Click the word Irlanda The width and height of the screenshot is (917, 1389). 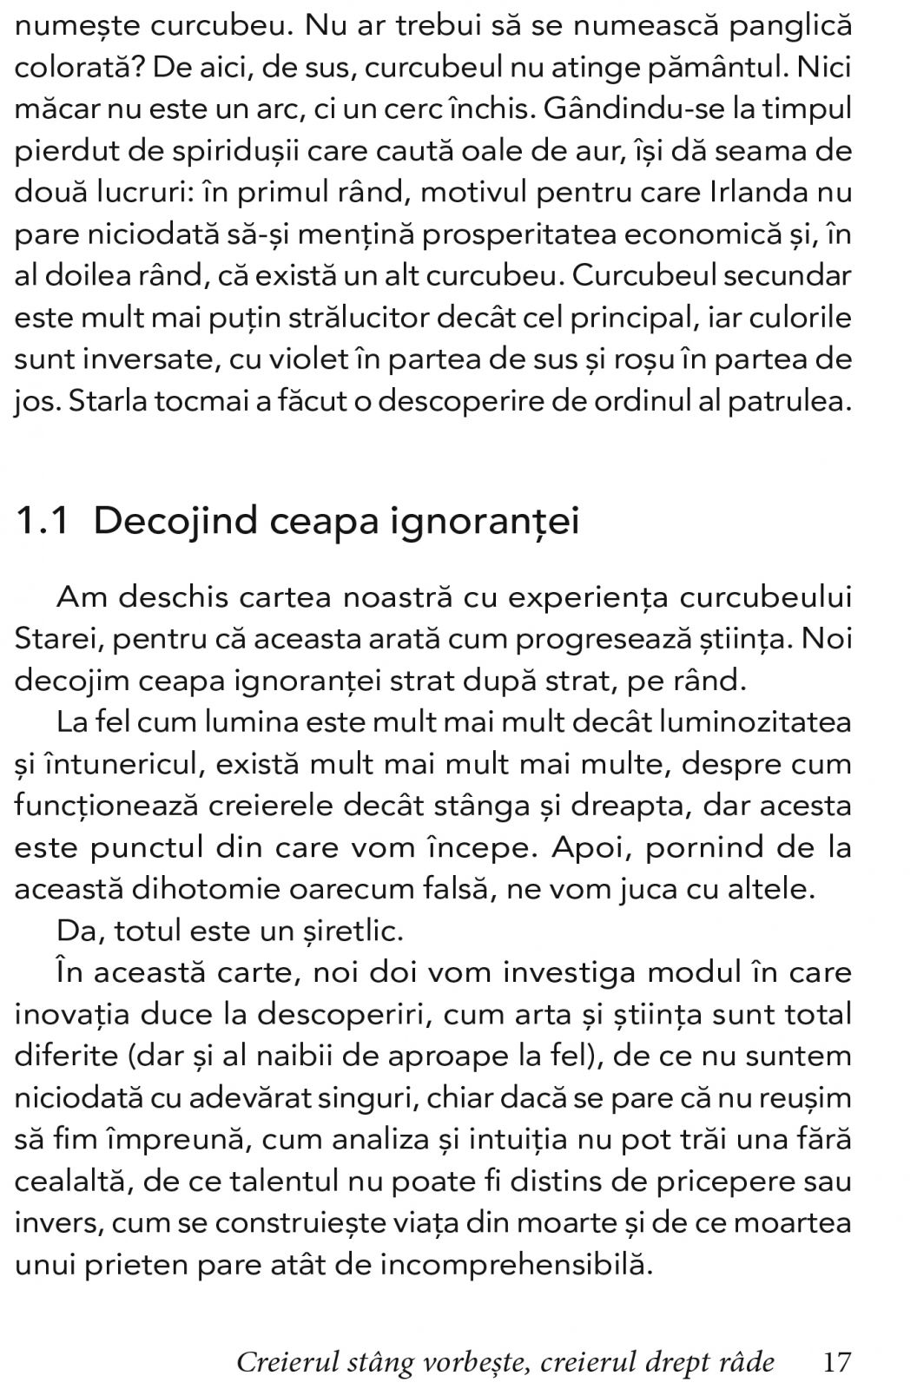tap(763, 193)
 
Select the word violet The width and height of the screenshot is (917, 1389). tap(286, 360)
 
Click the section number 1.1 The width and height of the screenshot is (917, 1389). tap(43, 521)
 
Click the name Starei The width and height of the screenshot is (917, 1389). tap(54, 639)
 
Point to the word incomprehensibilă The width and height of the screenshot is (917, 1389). tap(516, 1264)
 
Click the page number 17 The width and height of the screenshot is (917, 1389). tap(836, 1361)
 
